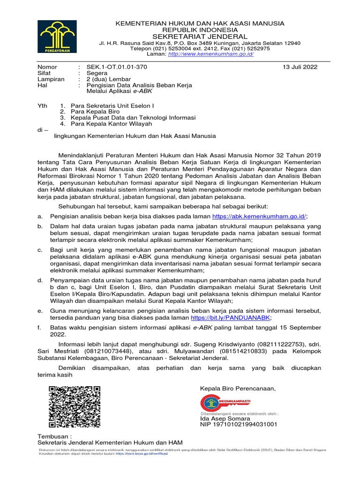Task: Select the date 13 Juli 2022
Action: pyautogui.click(x=300, y=67)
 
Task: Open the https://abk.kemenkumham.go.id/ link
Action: pyautogui.click(x=259, y=216)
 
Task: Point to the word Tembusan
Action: pyautogui.click(x=52, y=436)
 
